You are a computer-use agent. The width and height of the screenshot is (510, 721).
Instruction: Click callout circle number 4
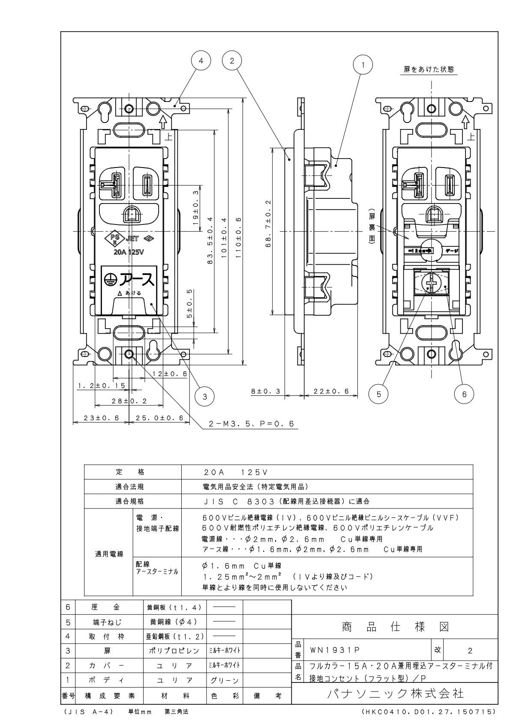click(201, 61)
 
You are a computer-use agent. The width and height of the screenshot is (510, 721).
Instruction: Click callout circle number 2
click(232, 61)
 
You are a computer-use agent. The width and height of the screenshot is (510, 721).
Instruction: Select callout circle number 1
click(363, 65)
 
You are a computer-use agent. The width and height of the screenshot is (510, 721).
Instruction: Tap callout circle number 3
click(205, 396)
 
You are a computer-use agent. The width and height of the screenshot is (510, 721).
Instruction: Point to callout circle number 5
click(378, 394)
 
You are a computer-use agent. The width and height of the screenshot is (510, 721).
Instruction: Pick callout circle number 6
click(465, 394)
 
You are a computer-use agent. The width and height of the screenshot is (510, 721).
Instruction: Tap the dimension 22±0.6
click(330, 391)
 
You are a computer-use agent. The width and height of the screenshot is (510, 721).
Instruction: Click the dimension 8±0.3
click(265, 391)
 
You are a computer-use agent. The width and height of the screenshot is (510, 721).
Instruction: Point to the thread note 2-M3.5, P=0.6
click(251, 424)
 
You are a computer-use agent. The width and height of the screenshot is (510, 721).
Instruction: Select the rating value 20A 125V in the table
click(236, 472)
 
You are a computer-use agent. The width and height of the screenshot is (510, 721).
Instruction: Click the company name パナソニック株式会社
click(395, 693)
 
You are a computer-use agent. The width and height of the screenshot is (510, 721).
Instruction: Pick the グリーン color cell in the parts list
click(224, 680)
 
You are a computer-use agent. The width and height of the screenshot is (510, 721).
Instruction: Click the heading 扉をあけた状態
click(429, 69)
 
